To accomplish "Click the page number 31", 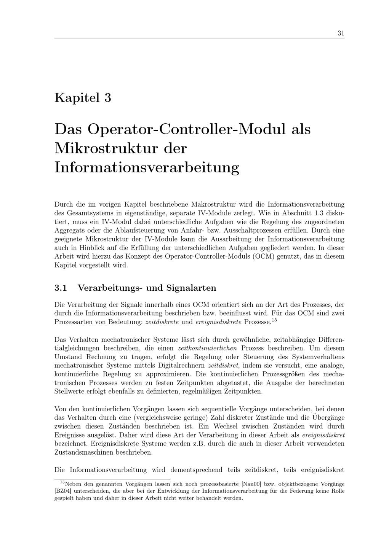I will pos(341,33).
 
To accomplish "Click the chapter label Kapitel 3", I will pos(83,98).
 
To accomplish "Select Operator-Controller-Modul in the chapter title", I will pos(186,129).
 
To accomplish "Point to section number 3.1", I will pos(61,288).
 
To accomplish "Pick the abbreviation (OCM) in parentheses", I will pos(263,256).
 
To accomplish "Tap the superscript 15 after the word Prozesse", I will pos(274,320).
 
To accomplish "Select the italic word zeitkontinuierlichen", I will pos(207,348).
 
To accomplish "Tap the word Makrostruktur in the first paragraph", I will pos(213,204).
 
